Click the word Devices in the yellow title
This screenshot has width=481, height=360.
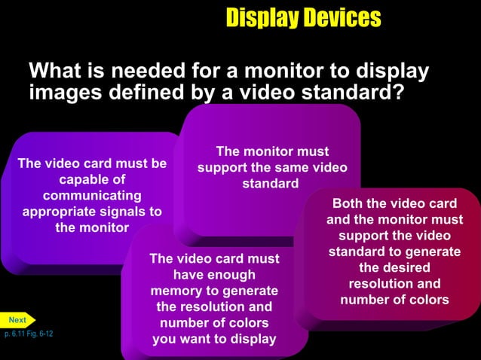click(x=342, y=17)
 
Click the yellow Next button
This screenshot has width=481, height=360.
click(x=17, y=320)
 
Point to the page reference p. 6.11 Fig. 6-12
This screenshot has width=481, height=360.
click(x=28, y=333)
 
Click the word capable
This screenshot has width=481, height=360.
click(x=82, y=179)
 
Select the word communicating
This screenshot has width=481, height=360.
click(x=91, y=195)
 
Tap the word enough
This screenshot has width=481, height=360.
click(x=228, y=275)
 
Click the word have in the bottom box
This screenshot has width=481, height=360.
click(x=189, y=275)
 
